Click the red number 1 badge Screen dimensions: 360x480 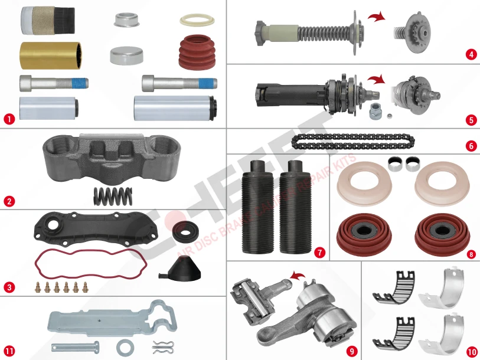[9, 117]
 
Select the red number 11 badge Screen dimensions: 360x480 [9, 351]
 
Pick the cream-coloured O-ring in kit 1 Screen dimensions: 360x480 [196, 20]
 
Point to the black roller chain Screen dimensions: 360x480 [353, 142]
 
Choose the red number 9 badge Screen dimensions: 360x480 [352, 351]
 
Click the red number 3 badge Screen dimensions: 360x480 [9, 287]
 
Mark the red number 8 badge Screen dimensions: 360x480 [471, 254]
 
